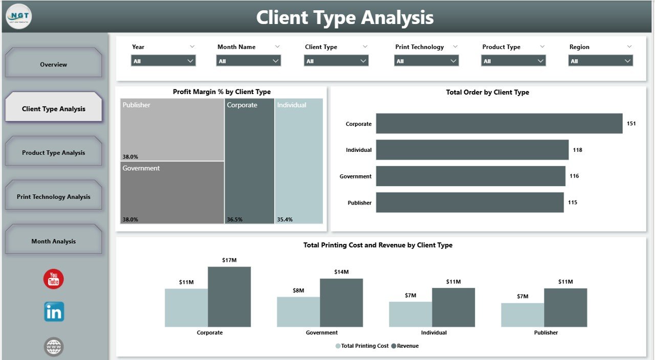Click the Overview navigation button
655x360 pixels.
click(x=53, y=64)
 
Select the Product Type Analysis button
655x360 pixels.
click(x=53, y=152)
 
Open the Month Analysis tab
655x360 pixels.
click(x=53, y=241)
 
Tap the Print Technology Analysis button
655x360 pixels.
click(x=53, y=197)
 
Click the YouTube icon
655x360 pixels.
click(x=54, y=279)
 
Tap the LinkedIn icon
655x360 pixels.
click(x=54, y=311)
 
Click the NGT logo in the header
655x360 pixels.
click(x=18, y=16)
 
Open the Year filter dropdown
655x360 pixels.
click(x=163, y=61)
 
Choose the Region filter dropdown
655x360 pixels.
click(x=600, y=61)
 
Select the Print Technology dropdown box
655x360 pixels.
click(x=426, y=61)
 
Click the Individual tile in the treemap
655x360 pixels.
click(x=299, y=161)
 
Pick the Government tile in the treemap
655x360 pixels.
click(x=172, y=192)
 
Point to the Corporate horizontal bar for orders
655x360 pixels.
click(x=499, y=124)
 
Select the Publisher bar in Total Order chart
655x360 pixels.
click(x=470, y=202)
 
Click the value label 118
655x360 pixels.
click(x=577, y=150)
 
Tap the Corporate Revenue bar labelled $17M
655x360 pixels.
click(x=229, y=297)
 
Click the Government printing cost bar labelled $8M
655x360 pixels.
click(x=298, y=312)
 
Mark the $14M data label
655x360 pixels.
click(x=341, y=272)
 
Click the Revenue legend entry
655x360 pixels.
click(x=405, y=346)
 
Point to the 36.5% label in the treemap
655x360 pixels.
click(x=234, y=219)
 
